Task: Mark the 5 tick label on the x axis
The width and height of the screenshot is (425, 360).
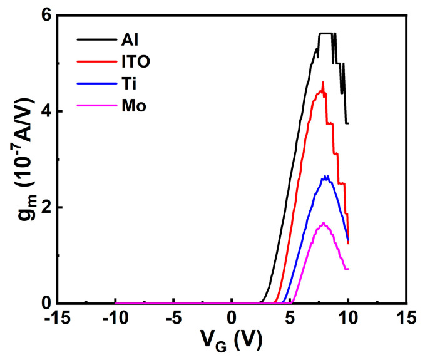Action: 290,319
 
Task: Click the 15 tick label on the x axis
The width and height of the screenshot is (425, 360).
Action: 406,319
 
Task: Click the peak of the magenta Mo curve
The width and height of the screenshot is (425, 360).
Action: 324,223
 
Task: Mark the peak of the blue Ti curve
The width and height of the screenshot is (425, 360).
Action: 325,177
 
